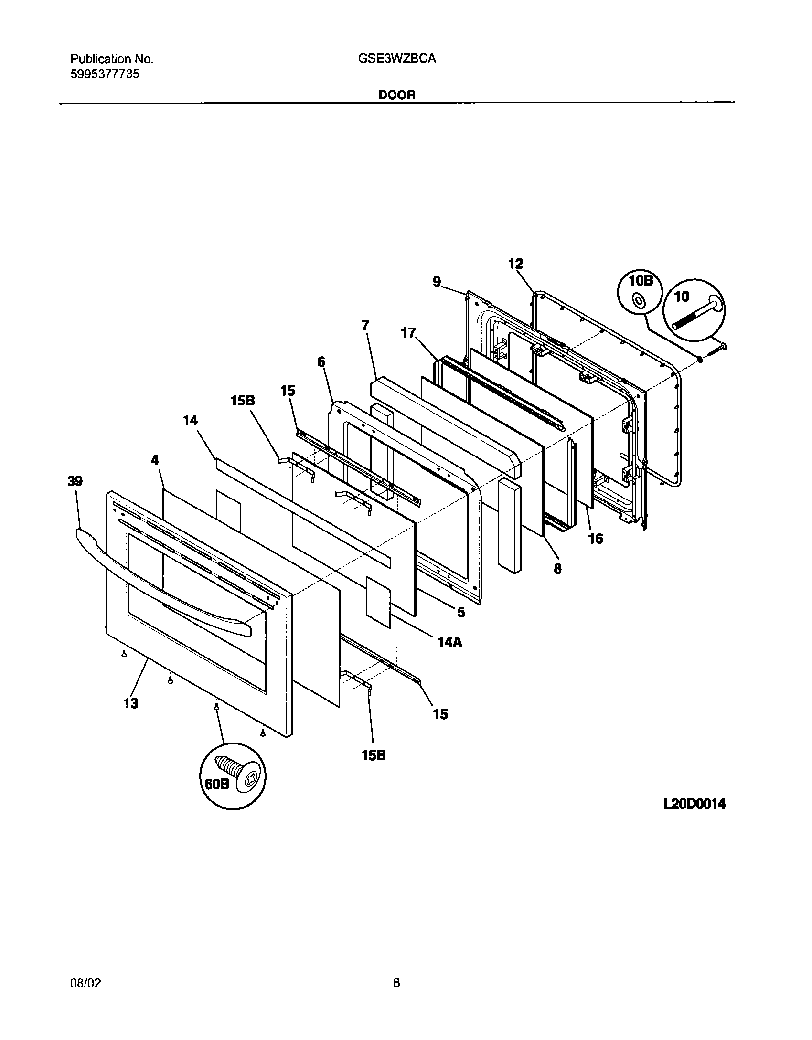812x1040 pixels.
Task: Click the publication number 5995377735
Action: tap(105, 74)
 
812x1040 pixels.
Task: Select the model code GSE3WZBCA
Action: tap(396, 59)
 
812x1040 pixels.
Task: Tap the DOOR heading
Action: tap(396, 95)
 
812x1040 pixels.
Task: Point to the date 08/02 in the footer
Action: tap(86, 983)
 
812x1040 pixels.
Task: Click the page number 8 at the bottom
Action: tap(396, 983)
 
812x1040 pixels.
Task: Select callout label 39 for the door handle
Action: tap(75, 481)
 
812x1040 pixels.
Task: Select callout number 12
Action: tap(515, 264)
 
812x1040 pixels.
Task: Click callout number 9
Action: tap(437, 282)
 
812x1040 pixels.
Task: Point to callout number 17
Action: tap(408, 333)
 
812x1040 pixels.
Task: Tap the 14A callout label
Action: tap(450, 643)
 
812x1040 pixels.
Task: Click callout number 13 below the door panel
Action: tap(131, 703)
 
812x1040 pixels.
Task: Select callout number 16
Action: tap(596, 539)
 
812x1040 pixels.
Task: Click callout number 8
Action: tap(557, 569)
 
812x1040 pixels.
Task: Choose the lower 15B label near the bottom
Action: tap(374, 755)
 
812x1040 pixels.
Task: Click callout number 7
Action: tap(365, 326)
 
